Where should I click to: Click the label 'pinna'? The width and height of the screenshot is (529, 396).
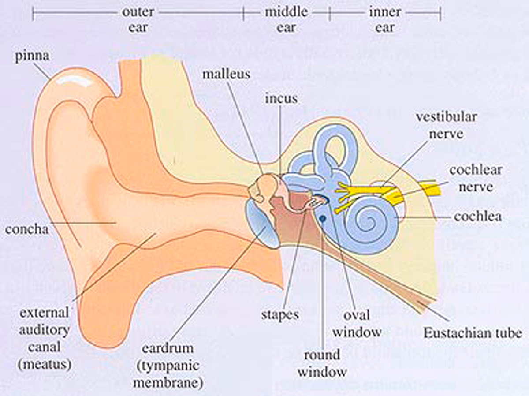[x=32, y=57]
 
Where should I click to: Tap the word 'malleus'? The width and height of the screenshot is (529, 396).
[x=226, y=73]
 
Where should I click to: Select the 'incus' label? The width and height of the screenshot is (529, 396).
[x=281, y=98]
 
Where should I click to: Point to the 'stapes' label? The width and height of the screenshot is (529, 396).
[x=280, y=314]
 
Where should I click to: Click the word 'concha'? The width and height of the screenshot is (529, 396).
[x=27, y=229]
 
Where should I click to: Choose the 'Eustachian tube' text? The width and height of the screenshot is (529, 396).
[x=473, y=332]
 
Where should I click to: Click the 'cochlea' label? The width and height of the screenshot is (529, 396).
[x=477, y=217]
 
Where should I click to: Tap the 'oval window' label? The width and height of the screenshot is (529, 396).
[x=357, y=323]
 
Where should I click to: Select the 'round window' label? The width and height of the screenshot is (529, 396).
[x=322, y=363]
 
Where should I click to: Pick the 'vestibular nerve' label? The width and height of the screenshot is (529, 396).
[x=447, y=125]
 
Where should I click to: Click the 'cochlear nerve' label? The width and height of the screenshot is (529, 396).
[x=476, y=178]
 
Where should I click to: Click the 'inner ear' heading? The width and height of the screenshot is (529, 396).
[x=384, y=19]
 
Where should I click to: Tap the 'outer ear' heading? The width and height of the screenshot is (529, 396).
[x=138, y=19]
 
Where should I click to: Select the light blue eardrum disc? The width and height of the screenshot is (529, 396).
[x=258, y=223]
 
